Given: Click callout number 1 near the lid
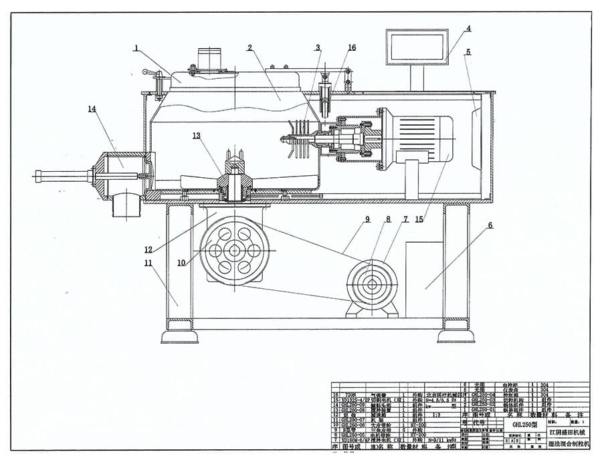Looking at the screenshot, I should click(x=136, y=48).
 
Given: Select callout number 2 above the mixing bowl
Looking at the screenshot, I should click(x=249, y=47).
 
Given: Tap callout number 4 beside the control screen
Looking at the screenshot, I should click(x=469, y=29).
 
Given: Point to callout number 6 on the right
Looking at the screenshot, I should click(x=490, y=226).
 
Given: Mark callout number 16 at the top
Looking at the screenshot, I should click(x=352, y=47).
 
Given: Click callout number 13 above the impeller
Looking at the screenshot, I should click(x=196, y=136).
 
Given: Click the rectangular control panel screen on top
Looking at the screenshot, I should click(x=416, y=47).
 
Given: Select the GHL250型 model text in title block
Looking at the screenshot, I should click(x=520, y=424).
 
